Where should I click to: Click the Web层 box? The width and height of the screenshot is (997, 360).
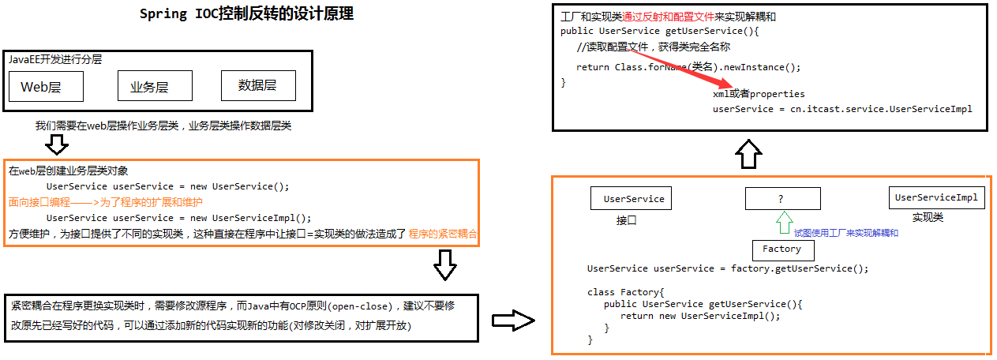(x=47, y=86)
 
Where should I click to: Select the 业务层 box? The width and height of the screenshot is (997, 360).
(x=155, y=86)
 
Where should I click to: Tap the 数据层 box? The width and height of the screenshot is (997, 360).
(x=258, y=85)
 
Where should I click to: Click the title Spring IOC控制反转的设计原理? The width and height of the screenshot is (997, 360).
(x=246, y=13)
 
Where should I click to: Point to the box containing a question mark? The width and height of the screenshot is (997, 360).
(x=783, y=198)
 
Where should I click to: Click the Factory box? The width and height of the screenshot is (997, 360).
(x=783, y=250)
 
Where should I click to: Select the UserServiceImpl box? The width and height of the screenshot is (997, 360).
(x=936, y=197)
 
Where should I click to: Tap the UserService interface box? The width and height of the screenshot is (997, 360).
(x=632, y=198)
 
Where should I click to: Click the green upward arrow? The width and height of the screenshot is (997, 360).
(x=784, y=223)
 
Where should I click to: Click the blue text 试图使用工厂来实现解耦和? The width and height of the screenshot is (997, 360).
(x=846, y=233)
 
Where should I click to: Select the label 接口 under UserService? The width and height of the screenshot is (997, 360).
(x=626, y=220)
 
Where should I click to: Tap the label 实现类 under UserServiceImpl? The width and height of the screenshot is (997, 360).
(x=928, y=217)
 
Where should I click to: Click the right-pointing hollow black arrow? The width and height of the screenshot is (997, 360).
(x=513, y=321)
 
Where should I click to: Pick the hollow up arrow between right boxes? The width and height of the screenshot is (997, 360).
(x=748, y=154)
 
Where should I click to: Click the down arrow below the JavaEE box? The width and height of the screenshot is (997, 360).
(x=57, y=144)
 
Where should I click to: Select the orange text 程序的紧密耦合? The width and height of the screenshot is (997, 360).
(x=443, y=234)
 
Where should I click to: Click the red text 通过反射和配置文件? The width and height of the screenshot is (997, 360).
(x=668, y=17)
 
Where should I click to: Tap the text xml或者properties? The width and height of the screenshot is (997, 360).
(x=759, y=94)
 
